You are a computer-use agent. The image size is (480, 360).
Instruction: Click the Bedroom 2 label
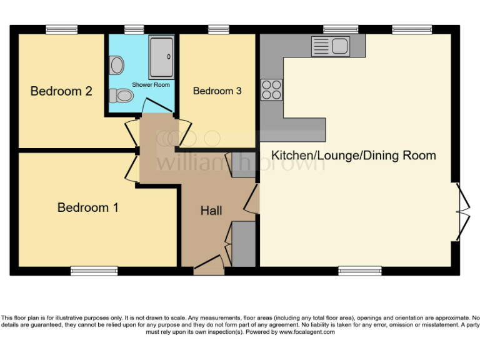click(61, 91)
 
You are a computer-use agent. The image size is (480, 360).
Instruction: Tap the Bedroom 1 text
click(87, 207)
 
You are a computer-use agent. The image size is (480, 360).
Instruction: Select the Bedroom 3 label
click(217, 91)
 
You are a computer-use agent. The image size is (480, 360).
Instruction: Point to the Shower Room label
click(151, 84)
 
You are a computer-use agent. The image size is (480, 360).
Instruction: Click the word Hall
click(211, 211)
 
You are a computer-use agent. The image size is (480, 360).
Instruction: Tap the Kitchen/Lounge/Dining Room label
click(353, 155)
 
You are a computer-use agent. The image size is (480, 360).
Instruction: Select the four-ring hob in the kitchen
click(272, 89)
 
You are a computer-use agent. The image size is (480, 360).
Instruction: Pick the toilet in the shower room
click(121, 96)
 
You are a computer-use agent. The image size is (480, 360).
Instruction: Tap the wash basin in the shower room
click(116, 64)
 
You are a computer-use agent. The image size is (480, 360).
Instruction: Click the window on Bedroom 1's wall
click(94, 271)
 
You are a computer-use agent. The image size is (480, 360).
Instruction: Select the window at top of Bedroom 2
click(61, 29)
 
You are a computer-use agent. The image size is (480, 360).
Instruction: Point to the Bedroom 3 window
click(218, 29)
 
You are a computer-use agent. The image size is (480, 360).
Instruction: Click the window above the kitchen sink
click(341, 29)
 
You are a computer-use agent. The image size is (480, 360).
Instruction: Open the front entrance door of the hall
click(209, 267)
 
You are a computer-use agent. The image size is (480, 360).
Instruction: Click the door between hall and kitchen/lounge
click(252, 199)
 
